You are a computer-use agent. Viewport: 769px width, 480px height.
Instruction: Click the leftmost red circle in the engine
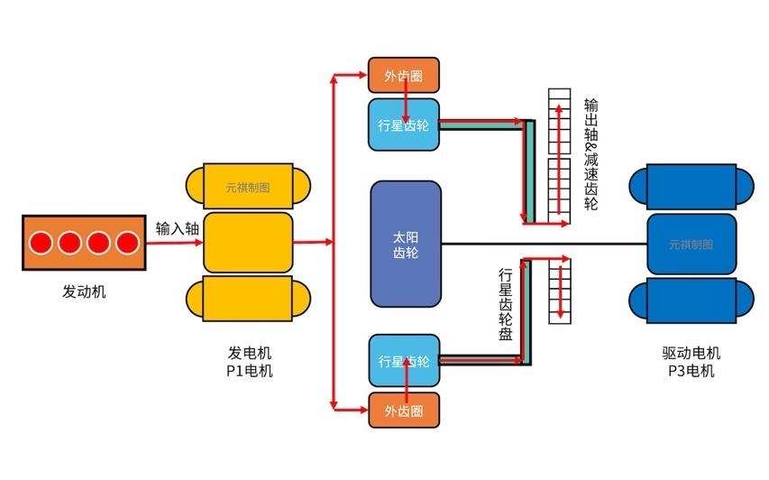41,242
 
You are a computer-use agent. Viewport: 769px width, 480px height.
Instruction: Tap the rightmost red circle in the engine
127,242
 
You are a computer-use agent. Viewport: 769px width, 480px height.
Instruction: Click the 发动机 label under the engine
84,291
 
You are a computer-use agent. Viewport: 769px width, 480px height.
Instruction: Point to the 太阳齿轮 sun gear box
406,244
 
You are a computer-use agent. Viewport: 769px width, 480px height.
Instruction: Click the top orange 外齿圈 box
404,77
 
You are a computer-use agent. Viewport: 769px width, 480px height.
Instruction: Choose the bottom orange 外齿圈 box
404,411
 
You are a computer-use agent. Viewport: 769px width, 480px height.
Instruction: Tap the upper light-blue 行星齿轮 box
404,125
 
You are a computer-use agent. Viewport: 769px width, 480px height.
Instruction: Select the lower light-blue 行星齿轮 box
404,361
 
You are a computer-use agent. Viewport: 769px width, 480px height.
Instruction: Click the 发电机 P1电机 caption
249,361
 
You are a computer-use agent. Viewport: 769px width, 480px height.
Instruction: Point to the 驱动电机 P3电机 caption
691,361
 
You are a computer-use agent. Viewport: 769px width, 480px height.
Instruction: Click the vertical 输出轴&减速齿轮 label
590,153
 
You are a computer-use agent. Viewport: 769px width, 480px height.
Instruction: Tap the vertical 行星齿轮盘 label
506,303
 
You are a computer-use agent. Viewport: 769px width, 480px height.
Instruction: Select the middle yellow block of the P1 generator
248,242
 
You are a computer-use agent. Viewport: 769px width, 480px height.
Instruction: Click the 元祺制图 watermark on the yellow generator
248,189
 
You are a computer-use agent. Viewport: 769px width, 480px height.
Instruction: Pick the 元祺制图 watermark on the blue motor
691,245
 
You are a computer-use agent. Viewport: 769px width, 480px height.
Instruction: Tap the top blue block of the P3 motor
691,188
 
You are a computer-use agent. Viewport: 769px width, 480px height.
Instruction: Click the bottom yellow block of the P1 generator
248,299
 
